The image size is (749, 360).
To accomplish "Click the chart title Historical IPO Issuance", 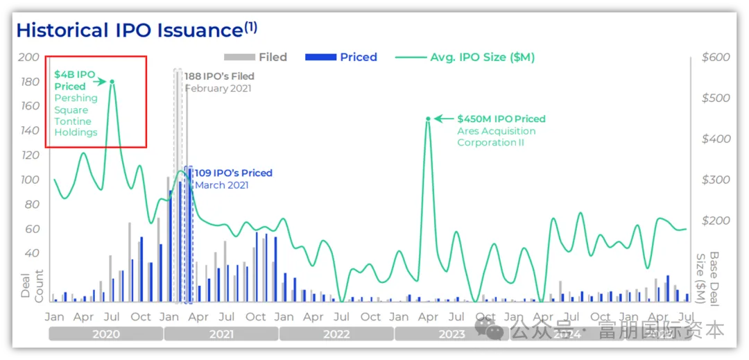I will [x=128, y=31].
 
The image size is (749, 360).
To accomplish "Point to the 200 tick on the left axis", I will [x=29, y=57].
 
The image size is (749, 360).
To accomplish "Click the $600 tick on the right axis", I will [x=716, y=57].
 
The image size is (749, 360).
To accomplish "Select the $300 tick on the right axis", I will [x=716, y=180].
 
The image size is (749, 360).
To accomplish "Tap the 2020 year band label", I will [x=106, y=334].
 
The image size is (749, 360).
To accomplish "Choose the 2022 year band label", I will [x=336, y=334].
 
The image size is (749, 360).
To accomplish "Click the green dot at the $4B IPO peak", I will [x=112, y=82].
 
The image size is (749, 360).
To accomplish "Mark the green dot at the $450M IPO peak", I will [x=429, y=119].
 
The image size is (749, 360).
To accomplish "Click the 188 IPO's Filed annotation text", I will [x=219, y=76].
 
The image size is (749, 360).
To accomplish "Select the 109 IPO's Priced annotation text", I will [x=233, y=173].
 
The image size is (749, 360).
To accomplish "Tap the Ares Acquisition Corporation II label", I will [x=496, y=137].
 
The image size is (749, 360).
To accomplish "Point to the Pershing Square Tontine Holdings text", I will [x=76, y=115].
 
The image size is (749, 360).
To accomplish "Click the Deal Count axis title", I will [x=31, y=284].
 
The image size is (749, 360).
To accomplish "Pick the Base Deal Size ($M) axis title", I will [x=708, y=277].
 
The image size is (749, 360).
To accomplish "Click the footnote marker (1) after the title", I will [x=250, y=27].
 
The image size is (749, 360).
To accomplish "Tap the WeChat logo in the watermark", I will [x=494, y=329].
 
